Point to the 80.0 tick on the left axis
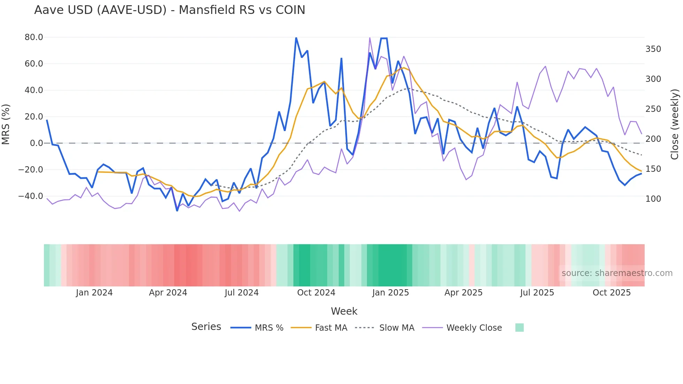point(34,37)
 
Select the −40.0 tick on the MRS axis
point(31,196)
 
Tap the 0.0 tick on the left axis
point(36,143)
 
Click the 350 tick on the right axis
point(653,49)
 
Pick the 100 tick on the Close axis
point(653,199)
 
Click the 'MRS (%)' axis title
point(6,124)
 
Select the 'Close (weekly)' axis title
point(675,124)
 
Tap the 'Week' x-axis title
point(344,311)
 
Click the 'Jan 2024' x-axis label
point(94,293)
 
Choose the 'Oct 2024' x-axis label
point(316,293)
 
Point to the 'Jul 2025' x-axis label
point(537,293)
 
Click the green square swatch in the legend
point(519,328)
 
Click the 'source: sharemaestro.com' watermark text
point(617,273)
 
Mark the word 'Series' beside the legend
point(206,327)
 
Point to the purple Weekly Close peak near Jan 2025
point(370,38)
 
